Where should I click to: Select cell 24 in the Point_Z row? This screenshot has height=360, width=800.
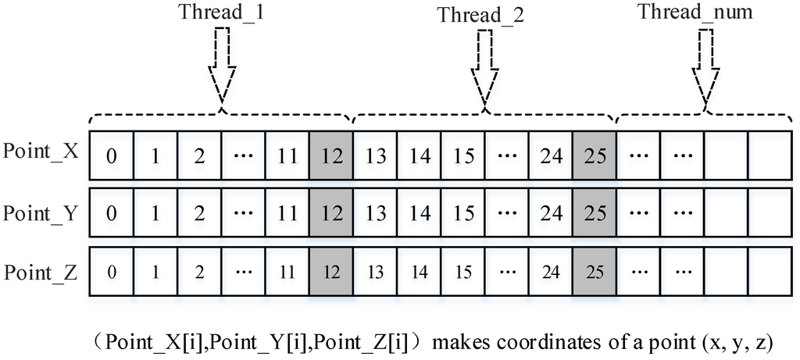pos(551,273)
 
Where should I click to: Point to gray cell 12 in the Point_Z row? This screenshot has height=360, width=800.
pos(331,273)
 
